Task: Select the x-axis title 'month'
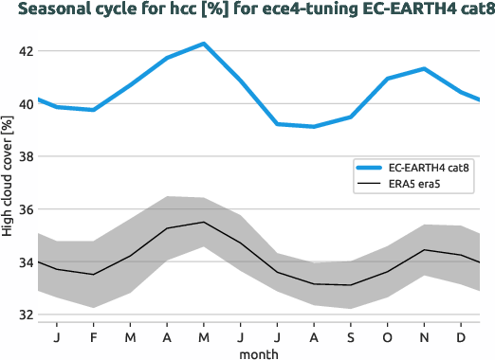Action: (258, 351)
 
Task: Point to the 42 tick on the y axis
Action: (21, 51)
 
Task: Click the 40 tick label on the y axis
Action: (21, 104)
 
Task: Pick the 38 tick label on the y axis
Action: (21, 156)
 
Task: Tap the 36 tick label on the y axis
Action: (21, 209)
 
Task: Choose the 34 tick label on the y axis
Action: (21, 262)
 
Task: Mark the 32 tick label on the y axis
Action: (21, 315)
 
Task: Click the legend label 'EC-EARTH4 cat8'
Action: (429, 167)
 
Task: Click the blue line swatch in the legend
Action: (366, 167)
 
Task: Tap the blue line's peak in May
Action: (203, 44)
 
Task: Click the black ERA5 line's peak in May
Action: (203, 223)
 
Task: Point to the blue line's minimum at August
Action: (314, 126)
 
